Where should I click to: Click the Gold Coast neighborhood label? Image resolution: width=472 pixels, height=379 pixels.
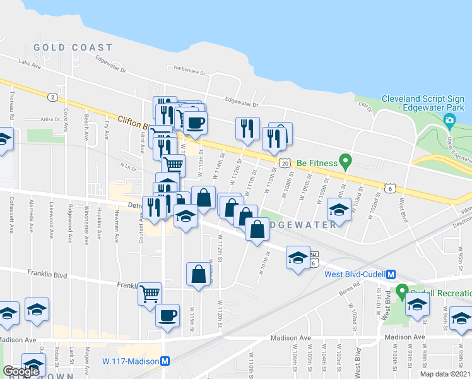[73, 47]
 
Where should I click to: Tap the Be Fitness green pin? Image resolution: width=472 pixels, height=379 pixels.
[345, 162]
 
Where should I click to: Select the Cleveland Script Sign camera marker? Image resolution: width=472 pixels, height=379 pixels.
[450, 119]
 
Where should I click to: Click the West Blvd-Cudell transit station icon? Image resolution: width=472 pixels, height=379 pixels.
[391, 274]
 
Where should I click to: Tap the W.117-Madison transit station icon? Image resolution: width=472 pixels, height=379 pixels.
[165, 361]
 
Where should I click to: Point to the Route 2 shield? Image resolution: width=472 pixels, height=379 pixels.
[52, 97]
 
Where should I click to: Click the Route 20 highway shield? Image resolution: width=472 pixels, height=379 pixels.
[286, 162]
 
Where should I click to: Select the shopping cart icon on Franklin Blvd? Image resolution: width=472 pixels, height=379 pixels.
[150, 292]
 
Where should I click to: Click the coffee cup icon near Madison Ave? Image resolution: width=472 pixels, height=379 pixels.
[167, 315]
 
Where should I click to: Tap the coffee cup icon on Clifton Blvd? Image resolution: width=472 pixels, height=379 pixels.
[195, 123]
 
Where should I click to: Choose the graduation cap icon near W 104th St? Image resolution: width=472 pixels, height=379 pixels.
[339, 211]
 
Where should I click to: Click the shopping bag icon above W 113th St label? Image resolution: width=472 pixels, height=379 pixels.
[198, 274]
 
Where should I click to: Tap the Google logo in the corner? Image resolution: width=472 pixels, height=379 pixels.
[21, 371]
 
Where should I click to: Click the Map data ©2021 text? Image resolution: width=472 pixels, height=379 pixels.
[445, 374]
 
